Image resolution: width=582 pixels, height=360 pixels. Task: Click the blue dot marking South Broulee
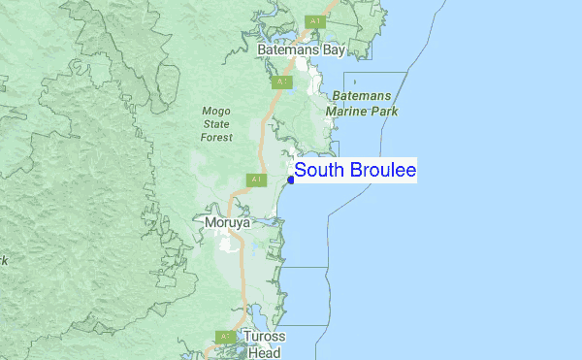(291, 179)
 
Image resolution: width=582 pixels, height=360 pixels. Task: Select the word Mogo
(216, 111)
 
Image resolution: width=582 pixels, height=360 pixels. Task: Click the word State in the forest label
(216, 124)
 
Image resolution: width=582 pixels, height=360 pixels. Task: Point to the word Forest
(216, 138)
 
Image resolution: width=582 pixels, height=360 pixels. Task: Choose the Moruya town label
(228, 222)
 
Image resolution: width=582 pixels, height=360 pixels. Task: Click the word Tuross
(264, 338)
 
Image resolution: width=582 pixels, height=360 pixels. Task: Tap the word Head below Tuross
(264, 352)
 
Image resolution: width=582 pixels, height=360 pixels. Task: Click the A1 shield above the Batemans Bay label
(314, 21)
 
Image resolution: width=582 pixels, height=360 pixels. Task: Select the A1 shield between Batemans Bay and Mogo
(281, 82)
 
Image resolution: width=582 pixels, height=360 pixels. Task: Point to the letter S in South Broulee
(301, 171)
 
